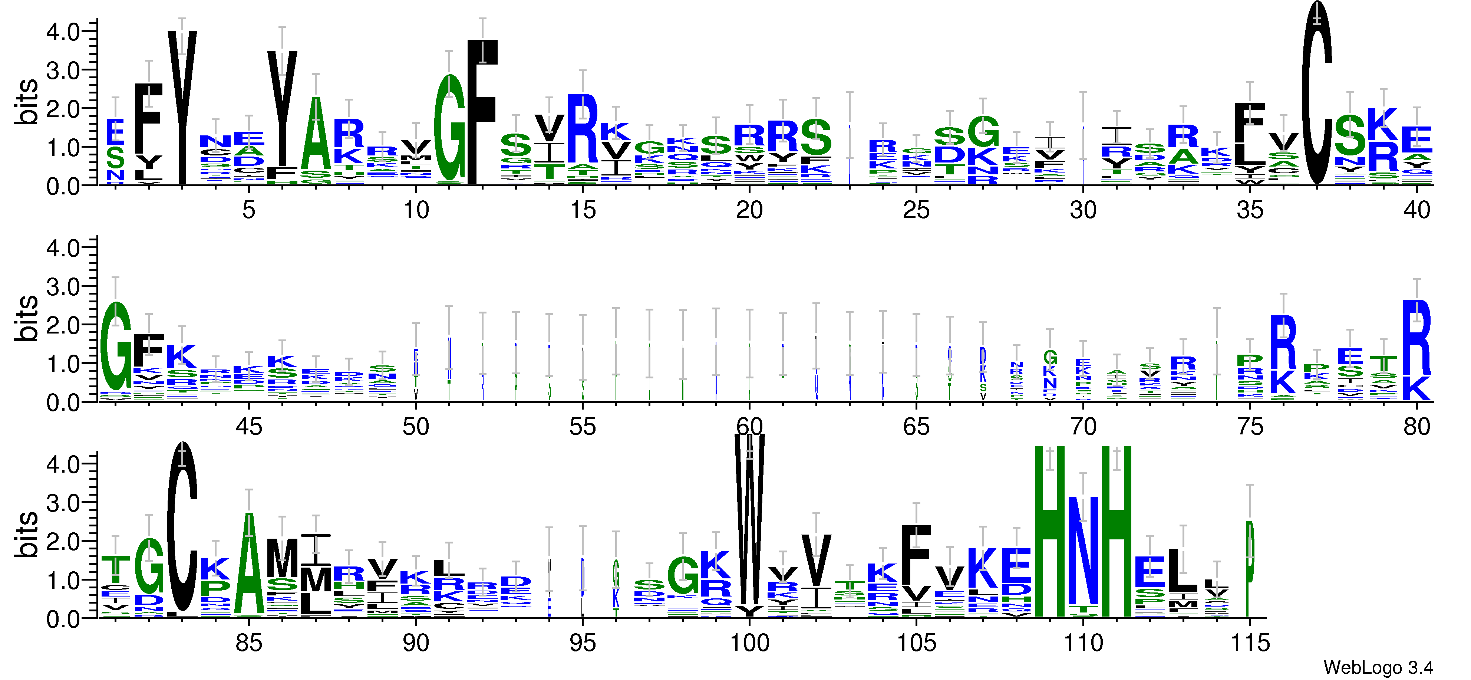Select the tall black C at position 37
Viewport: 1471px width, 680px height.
(1316, 97)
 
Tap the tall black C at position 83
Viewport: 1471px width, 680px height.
(182, 529)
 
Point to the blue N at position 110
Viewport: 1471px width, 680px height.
(1083, 551)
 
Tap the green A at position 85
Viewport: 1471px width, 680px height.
(248, 566)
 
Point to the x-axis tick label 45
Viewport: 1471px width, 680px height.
(248, 427)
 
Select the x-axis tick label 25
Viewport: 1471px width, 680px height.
(916, 210)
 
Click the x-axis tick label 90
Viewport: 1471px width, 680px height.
(415, 643)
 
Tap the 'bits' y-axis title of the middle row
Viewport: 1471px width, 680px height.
(26, 318)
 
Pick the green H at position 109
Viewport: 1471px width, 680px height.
(1049, 532)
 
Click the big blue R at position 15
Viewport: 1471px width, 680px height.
(583, 129)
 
